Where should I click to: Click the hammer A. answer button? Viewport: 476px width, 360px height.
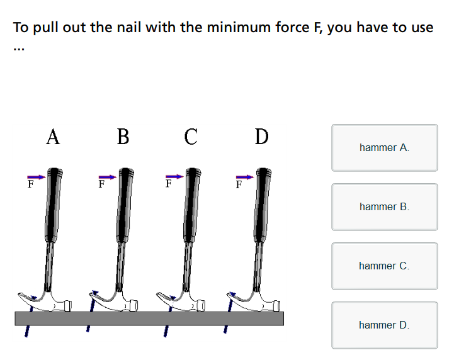(x=385, y=148)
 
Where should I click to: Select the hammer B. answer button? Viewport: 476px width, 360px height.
(x=385, y=207)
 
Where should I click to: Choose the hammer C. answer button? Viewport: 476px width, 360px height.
(x=385, y=266)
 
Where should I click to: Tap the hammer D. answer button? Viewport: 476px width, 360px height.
(x=385, y=325)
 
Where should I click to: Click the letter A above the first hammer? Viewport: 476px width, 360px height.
(x=53, y=137)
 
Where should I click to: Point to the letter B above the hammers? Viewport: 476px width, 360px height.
(x=123, y=137)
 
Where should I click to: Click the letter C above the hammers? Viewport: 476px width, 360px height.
(x=191, y=137)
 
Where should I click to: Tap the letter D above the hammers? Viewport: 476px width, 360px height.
(x=261, y=137)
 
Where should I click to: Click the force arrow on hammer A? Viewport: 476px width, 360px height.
(x=36, y=177)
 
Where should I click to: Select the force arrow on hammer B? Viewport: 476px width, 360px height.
(x=108, y=177)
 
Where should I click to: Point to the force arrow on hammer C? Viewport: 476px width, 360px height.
(x=174, y=177)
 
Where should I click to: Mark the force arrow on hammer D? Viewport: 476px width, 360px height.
(x=245, y=177)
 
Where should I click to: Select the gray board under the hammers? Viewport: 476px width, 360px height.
(x=149, y=318)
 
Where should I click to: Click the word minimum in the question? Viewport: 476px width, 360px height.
(x=239, y=27)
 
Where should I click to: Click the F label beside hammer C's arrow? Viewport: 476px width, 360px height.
(x=169, y=184)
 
